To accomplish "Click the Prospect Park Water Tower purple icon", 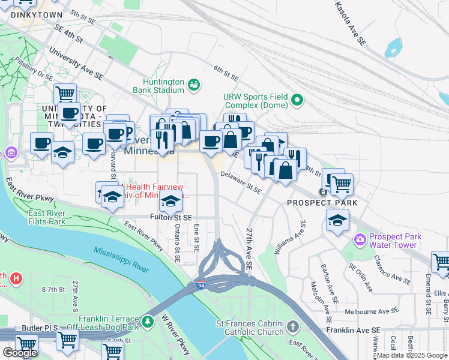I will pos(360,241).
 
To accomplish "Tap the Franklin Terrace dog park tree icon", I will pos(148,323).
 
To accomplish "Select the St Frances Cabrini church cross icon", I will pos(292,328).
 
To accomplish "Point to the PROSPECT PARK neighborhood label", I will pos(322,203).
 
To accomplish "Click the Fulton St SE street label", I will pos(171,217).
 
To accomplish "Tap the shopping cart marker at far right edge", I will pos(441,262).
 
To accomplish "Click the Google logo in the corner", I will pos(20,353).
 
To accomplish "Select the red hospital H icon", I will pos(16,279).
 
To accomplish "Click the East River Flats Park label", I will pos(47,217).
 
